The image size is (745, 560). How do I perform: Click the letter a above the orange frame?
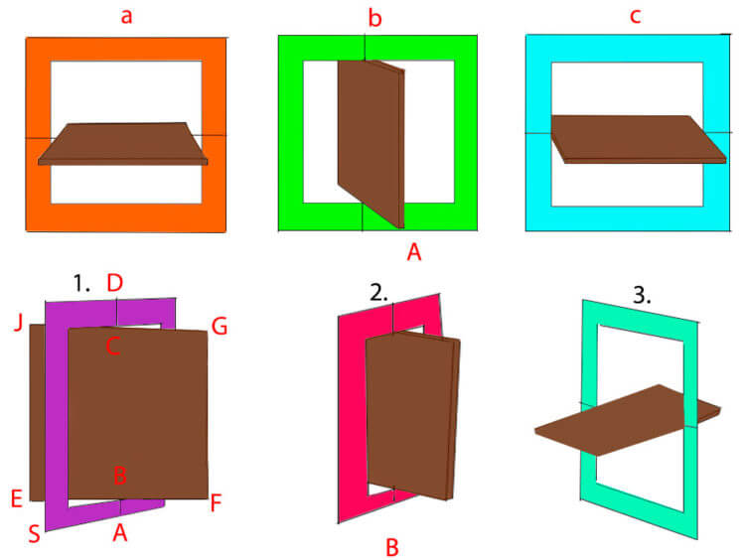coord(126,16)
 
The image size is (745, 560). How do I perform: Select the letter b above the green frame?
coord(374,19)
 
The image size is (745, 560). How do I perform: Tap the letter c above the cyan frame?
coord(636,16)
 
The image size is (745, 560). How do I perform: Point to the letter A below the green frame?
coord(414,252)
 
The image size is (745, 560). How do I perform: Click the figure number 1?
coord(81,284)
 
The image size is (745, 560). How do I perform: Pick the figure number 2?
coord(378,293)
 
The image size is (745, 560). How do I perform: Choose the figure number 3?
coord(642,296)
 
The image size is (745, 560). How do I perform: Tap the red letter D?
coord(115,283)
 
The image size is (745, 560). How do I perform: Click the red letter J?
coord(19,323)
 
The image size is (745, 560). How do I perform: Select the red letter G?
coord(220,327)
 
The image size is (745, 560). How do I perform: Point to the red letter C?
coord(112,347)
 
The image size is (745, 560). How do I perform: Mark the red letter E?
coord(17,499)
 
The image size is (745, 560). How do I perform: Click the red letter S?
coord(34,534)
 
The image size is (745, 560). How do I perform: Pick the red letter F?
coord(216,503)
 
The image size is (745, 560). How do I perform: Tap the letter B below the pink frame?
coord(392,548)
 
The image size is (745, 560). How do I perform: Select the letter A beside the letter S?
coord(120,533)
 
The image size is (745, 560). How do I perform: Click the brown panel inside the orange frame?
coord(122,144)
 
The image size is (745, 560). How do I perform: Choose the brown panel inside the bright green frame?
coord(372,143)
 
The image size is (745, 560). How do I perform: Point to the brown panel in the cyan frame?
coord(639,140)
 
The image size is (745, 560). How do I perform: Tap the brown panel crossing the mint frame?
coord(627,420)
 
